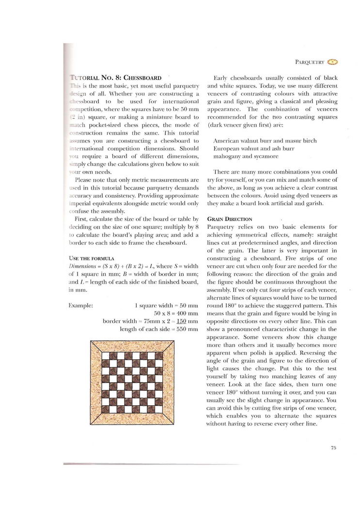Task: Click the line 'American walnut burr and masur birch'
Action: coord(265,141)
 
